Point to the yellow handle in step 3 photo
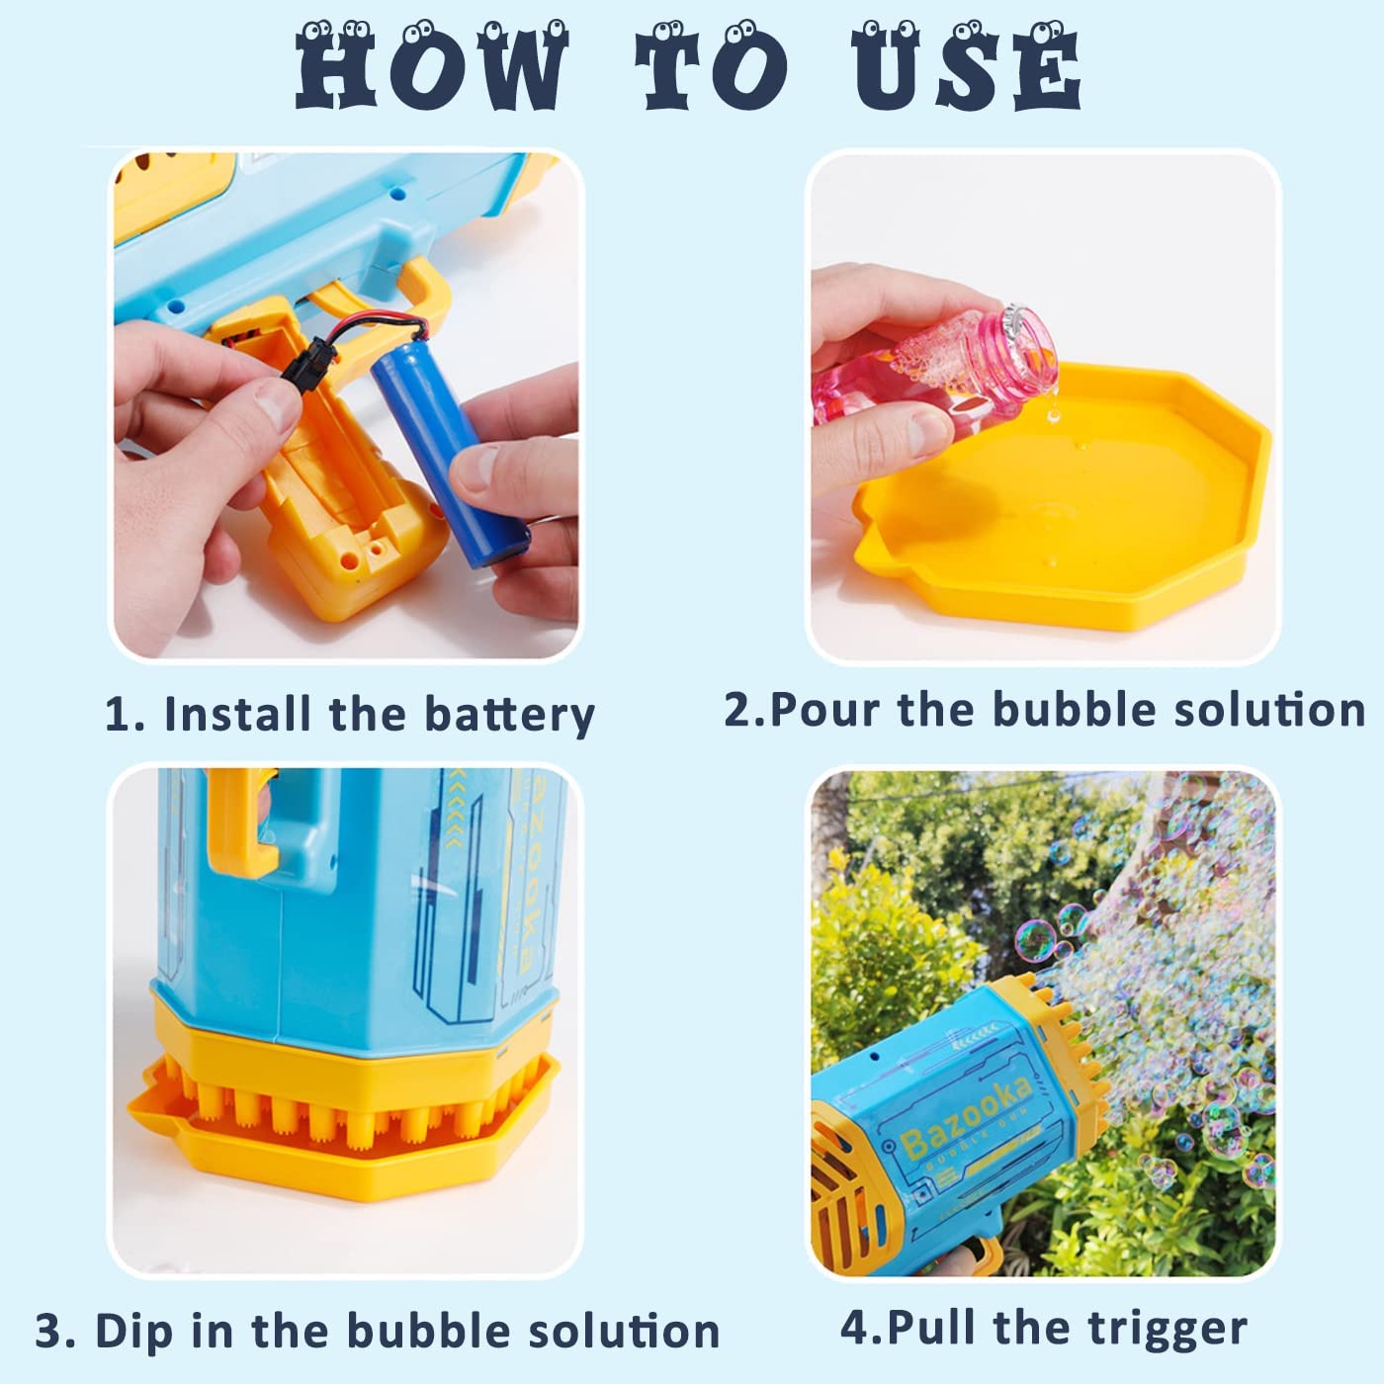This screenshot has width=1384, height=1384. point(237,821)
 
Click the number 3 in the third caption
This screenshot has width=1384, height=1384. point(49,1331)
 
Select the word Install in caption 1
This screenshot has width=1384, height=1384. point(237,714)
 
